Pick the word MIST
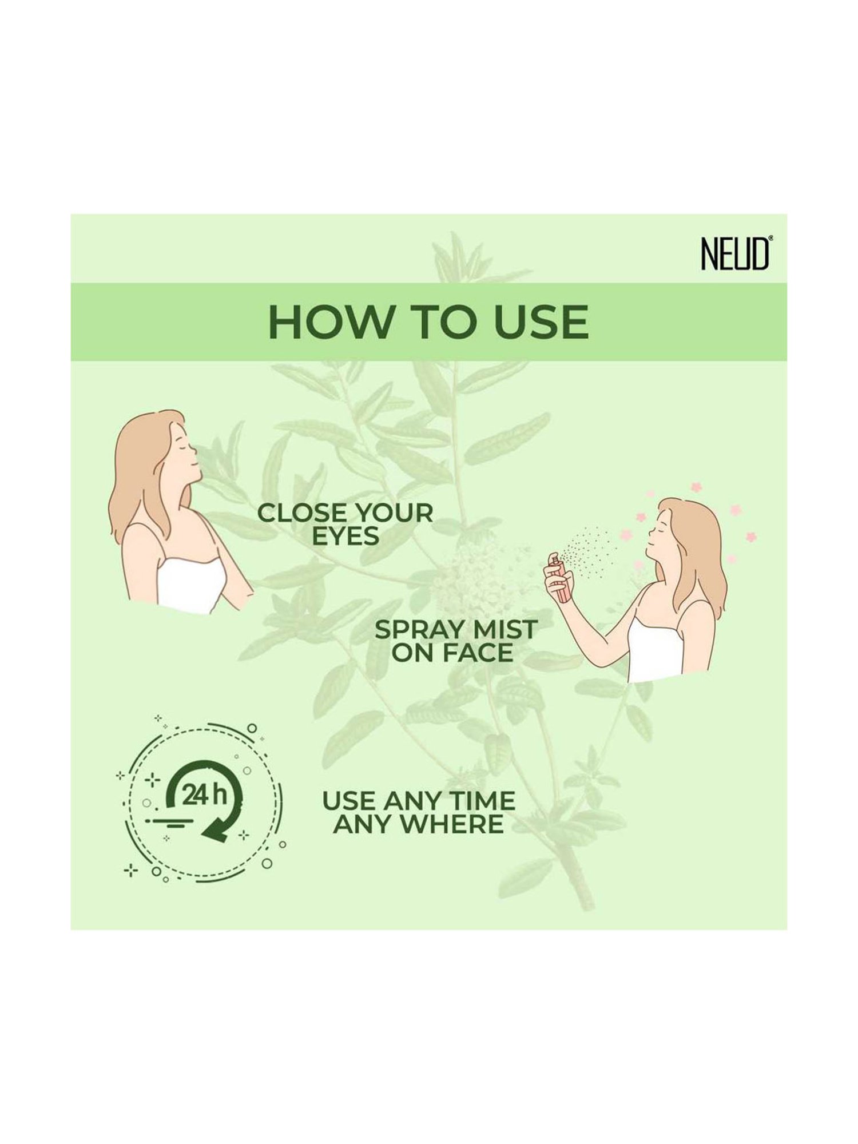coord(505,630)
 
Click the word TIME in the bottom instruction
coord(482,801)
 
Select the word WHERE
coord(458,824)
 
